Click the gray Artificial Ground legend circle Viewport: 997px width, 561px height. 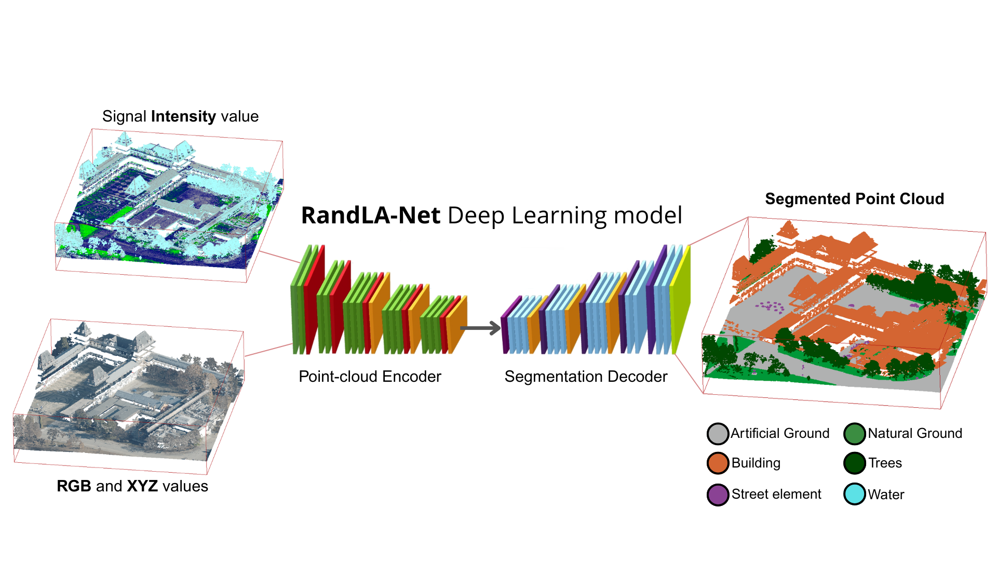click(x=718, y=434)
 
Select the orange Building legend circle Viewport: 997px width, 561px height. click(x=718, y=463)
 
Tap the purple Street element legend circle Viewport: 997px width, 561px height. click(x=718, y=495)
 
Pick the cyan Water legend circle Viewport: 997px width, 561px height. click(x=854, y=494)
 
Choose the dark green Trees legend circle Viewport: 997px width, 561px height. click(x=854, y=463)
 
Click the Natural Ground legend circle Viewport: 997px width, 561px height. click(x=854, y=434)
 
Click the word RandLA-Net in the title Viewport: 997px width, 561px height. click(x=370, y=216)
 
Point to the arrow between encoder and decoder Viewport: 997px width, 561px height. click(x=480, y=328)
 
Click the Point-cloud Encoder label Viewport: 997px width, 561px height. click(x=370, y=377)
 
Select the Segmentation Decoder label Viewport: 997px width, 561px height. click(x=586, y=377)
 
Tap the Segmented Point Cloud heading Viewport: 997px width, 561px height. click(x=854, y=199)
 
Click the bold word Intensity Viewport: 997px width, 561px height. click(x=183, y=116)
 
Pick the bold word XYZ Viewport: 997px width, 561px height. click(x=142, y=486)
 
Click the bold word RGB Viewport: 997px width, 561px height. click(x=74, y=486)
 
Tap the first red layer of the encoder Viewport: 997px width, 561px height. click(x=313, y=301)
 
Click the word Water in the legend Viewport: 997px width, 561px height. click(x=886, y=495)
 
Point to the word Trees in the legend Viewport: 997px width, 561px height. click(x=885, y=463)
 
